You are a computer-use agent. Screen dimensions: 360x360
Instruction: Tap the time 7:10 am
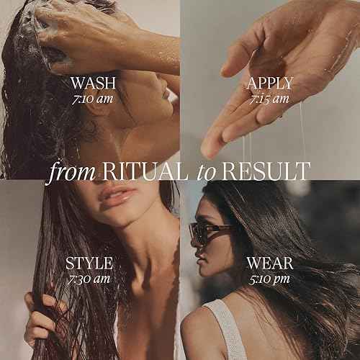point(93,97)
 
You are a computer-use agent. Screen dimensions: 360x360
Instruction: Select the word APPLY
point(269,83)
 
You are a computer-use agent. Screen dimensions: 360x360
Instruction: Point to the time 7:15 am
point(269,99)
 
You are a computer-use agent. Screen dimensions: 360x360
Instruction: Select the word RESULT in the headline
point(266,171)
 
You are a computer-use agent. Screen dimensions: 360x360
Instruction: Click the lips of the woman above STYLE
point(117,196)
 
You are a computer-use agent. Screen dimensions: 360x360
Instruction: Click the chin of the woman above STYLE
point(122,216)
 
